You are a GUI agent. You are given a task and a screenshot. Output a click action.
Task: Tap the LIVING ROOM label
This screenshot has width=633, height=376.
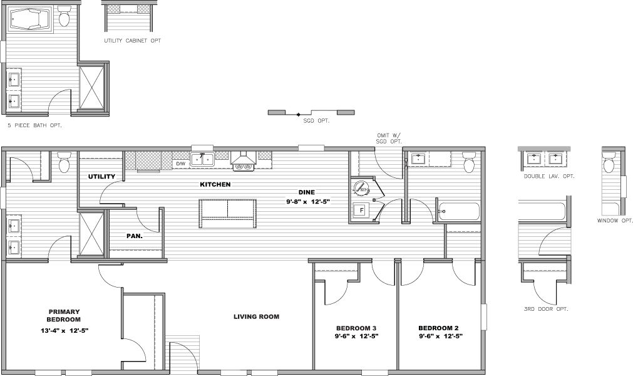click(x=256, y=317)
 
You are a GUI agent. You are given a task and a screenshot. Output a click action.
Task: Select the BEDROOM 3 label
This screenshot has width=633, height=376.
click(x=356, y=328)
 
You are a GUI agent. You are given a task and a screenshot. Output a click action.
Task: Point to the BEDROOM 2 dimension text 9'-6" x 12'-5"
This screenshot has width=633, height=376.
click(x=440, y=337)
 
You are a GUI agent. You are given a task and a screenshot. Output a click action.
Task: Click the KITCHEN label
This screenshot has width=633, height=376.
click(x=215, y=185)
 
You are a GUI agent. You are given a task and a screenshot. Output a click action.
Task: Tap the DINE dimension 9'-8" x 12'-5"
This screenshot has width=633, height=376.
click(x=306, y=202)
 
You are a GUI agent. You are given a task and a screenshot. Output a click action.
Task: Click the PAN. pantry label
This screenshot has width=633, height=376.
click(x=135, y=236)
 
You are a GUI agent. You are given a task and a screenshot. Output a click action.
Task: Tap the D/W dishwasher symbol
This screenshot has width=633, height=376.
click(x=180, y=164)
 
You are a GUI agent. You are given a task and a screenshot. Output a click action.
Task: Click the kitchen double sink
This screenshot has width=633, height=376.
click(x=202, y=159)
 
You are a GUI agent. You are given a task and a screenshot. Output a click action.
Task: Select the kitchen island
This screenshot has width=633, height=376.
click(x=227, y=214)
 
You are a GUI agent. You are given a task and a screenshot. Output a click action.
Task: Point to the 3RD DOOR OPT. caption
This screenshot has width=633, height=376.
click(x=545, y=310)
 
